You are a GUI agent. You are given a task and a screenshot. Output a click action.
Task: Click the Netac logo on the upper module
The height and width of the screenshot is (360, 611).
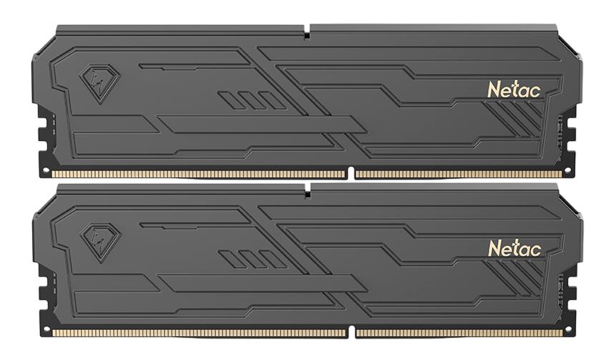tap(514, 89)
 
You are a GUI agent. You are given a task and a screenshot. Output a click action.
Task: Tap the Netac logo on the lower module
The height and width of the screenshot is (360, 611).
tap(514, 248)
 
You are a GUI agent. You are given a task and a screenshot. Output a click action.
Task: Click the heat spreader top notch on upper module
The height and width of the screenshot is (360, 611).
tap(306, 32)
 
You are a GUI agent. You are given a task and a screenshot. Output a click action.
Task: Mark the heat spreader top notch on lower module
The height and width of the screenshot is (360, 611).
tap(306, 190)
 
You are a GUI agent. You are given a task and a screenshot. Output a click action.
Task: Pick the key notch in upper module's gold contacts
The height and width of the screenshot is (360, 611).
tap(351, 174)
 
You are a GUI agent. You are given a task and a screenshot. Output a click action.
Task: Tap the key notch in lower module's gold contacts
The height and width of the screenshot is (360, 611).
tap(351, 333)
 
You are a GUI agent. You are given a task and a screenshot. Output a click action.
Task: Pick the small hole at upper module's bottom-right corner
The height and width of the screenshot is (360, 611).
tap(568, 172)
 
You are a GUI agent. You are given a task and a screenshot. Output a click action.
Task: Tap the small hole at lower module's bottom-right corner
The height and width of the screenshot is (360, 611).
tap(568, 331)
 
